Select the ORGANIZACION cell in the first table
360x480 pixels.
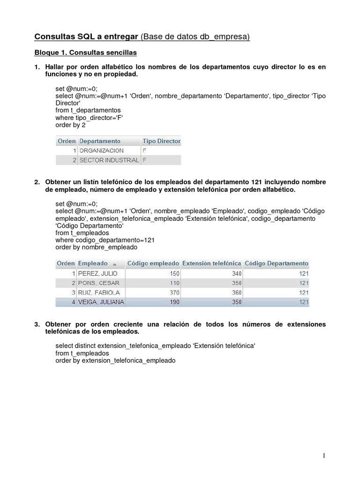[102, 150]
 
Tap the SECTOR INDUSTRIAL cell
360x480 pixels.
[109, 160]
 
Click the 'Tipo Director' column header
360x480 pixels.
[161, 141]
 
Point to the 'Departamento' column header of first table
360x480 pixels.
[100, 141]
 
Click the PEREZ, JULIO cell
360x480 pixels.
[98, 273]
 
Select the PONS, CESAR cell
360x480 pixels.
[99, 283]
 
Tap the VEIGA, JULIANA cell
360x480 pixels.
[101, 302]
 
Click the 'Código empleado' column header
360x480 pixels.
[153, 263]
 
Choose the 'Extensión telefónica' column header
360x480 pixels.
[212, 263]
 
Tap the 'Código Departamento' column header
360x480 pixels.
[277, 263]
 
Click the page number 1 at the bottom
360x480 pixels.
[324, 456]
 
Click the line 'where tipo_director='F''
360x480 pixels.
[86, 118]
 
